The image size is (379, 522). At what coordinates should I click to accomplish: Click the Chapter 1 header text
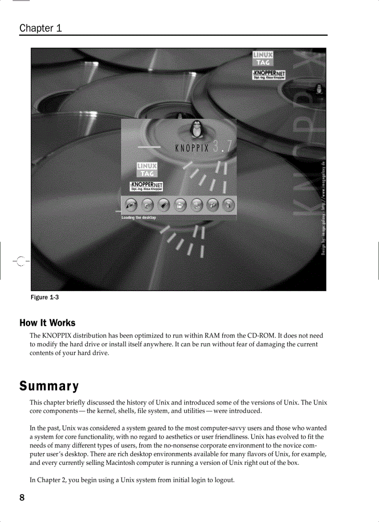[x=41, y=28]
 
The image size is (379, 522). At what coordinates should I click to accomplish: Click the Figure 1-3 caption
[x=45, y=297]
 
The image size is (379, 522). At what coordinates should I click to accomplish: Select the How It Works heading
[x=47, y=323]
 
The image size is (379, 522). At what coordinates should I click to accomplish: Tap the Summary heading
[x=49, y=386]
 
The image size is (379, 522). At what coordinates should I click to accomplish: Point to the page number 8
[x=22, y=498]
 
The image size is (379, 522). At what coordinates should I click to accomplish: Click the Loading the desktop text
[x=139, y=218]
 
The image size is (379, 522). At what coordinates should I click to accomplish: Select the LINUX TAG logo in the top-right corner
[x=262, y=59]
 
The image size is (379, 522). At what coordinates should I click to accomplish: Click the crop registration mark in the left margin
[x=19, y=261]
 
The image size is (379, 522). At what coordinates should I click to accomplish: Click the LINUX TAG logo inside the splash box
[x=147, y=170]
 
